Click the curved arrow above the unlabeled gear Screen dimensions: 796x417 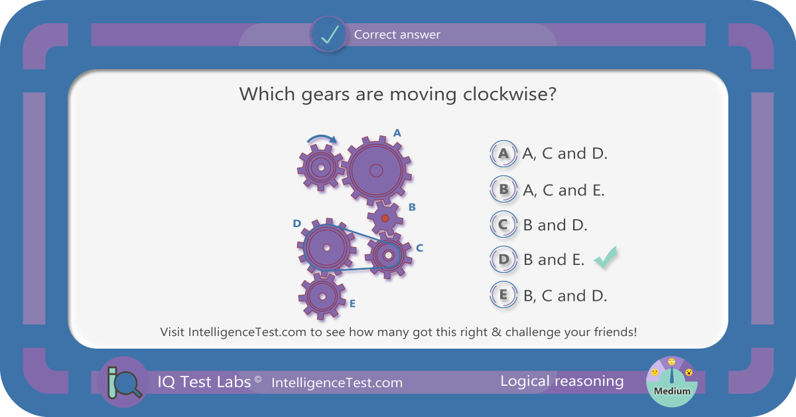pos(322,137)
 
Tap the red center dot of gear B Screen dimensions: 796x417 pos(385,218)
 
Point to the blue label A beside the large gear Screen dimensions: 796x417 pos(397,133)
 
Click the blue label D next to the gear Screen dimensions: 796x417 pos(297,224)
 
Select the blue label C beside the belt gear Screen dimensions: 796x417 pos(419,248)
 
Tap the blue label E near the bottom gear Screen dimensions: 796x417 pos(352,303)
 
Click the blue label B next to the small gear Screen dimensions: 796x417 pos(412,207)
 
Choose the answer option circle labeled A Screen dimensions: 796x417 pos(503,153)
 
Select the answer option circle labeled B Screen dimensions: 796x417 pos(503,189)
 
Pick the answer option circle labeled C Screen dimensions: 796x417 pos(503,224)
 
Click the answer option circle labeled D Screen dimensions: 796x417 pos(503,260)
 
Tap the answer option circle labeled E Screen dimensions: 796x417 pos(503,295)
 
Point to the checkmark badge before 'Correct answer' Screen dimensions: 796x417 pos(329,35)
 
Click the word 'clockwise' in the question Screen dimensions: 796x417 pos(509,94)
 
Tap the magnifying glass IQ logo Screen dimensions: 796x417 pos(124,382)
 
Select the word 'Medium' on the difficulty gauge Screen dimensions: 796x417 pos(672,391)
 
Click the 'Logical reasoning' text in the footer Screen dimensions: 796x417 pos(562,381)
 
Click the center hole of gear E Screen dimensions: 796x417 pos(322,296)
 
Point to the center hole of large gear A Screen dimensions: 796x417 pos(376,171)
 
